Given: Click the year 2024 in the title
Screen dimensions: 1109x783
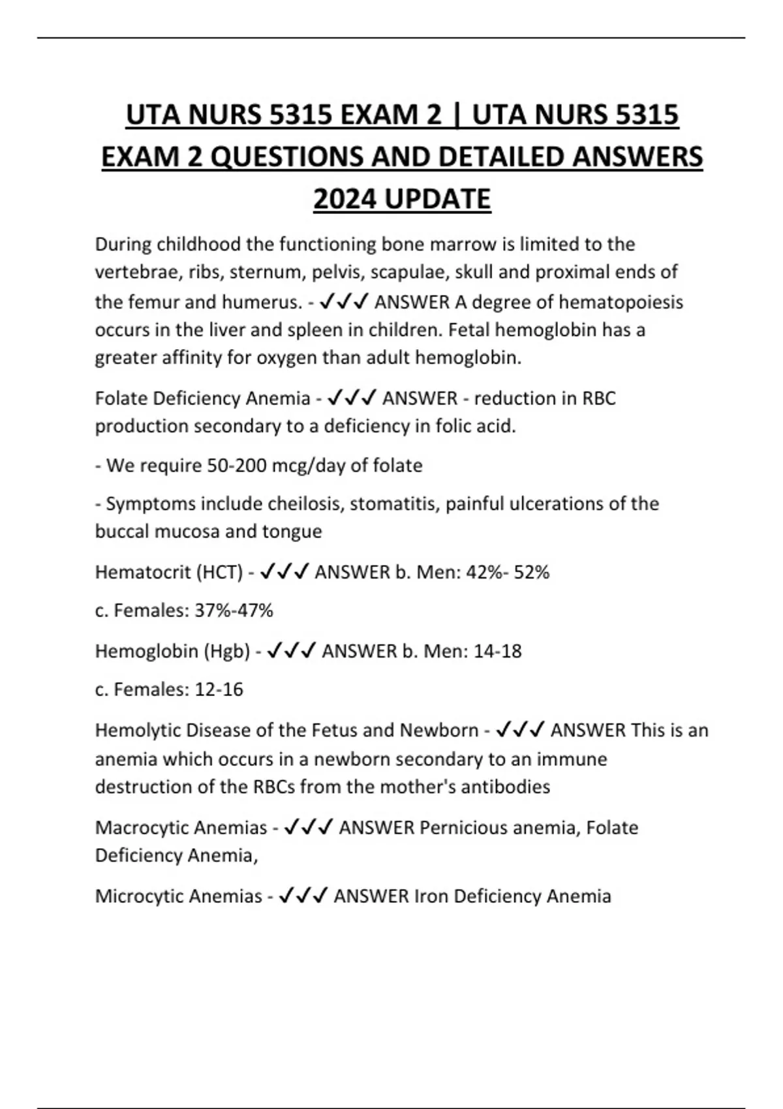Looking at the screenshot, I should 345,199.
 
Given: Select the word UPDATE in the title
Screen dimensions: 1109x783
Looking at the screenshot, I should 438,199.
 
